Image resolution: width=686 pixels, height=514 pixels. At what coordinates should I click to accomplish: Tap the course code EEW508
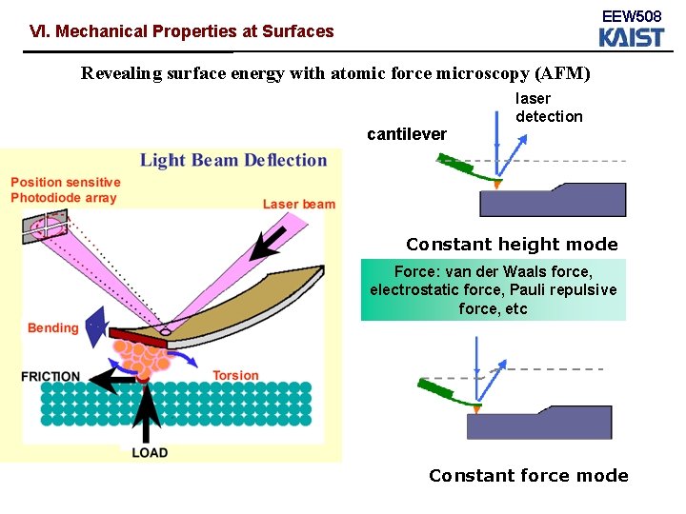click(631, 16)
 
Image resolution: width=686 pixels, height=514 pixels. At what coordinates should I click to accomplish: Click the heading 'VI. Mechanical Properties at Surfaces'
click(182, 31)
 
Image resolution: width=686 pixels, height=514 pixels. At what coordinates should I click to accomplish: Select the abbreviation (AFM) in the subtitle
click(563, 73)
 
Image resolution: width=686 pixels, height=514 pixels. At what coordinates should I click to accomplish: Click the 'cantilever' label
click(407, 134)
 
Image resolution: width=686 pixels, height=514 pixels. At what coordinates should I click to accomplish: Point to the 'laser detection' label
click(549, 108)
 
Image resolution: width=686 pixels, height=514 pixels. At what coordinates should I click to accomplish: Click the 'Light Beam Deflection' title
click(233, 160)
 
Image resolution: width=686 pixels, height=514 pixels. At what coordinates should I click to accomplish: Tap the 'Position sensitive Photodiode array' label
click(65, 190)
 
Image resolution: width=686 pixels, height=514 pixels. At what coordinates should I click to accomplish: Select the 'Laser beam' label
click(299, 204)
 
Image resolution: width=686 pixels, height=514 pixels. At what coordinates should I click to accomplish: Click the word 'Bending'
click(53, 328)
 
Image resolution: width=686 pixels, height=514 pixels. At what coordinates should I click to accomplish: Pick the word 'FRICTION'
click(51, 377)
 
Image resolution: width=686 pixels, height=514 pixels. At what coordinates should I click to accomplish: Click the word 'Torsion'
click(235, 375)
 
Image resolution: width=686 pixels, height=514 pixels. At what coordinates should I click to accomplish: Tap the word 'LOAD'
click(150, 452)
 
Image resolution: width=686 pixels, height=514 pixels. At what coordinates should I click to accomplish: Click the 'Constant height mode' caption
click(512, 245)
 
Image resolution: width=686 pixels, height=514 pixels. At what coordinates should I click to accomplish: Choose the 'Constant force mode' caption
click(528, 476)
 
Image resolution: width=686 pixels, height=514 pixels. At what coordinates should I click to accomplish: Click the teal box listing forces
click(494, 289)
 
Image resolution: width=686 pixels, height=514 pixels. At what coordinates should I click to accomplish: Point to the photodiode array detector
click(45, 227)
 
